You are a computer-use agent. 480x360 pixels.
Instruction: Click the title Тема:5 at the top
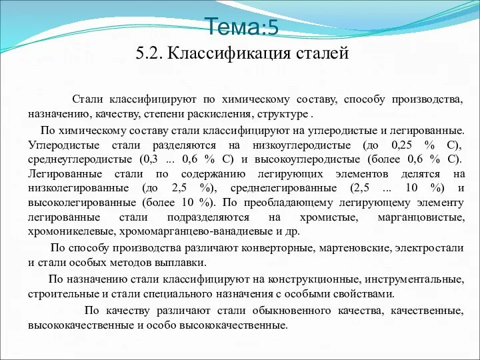[243, 26]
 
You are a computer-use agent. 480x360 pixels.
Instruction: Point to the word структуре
[283, 115]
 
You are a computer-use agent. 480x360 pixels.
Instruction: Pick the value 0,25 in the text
[401, 145]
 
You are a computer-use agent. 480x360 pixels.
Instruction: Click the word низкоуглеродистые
[301, 145]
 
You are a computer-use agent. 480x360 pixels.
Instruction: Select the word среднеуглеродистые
[80, 159]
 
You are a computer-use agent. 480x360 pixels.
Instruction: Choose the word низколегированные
[79, 188]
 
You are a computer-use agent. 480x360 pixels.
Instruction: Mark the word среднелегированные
[283, 188]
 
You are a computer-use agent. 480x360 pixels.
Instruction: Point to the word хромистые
[329, 217]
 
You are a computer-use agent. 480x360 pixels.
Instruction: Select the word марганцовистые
[421, 217]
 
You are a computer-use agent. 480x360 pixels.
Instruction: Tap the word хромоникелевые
[71, 232]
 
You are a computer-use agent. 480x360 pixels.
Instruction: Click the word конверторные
[278, 247]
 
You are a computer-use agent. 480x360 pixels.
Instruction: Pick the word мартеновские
[355, 247]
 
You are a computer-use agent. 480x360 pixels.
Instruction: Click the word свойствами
[363, 294]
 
